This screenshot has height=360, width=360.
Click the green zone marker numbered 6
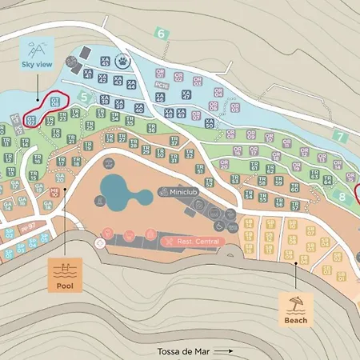pyautogui.click(x=162, y=34)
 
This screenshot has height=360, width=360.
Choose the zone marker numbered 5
pyautogui.click(x=84, y=97)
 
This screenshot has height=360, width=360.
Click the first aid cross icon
pyautogui.click(x=100, y=242)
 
